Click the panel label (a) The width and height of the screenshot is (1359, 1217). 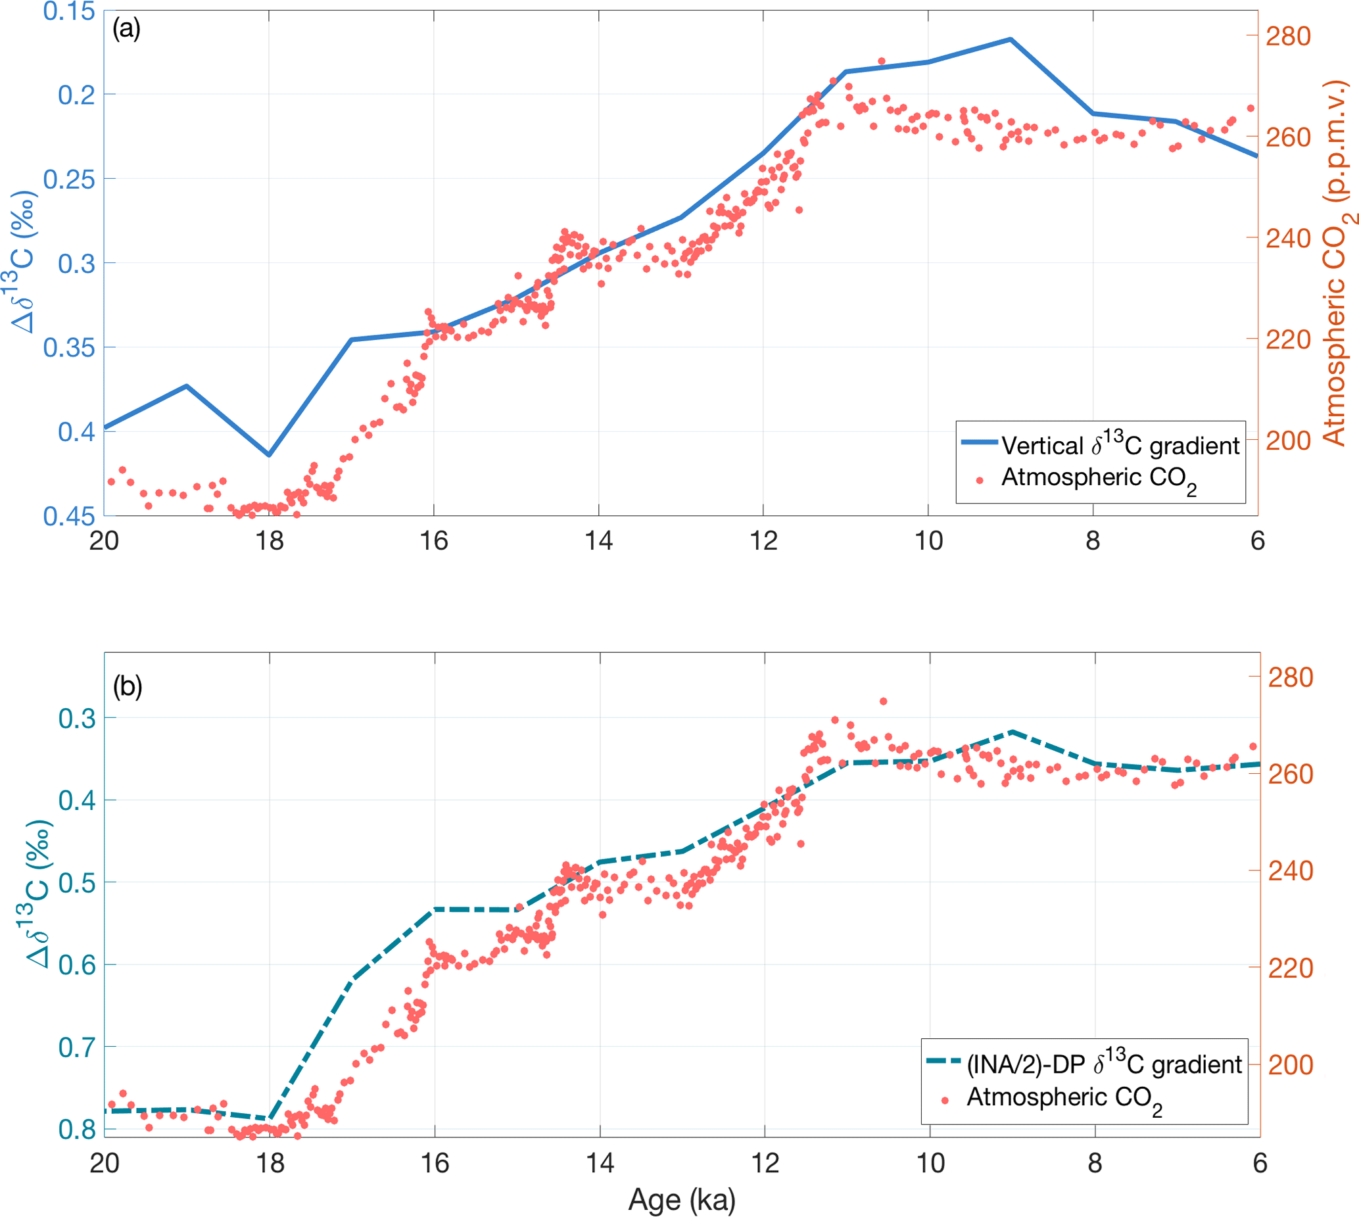coord(126,29)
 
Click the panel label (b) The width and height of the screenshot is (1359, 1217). coord(127,686)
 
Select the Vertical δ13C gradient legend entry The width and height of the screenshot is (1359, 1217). coord(1120,445)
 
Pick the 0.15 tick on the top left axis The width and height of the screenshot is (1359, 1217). coord(69,11)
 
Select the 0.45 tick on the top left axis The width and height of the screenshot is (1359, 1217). coord(69,516)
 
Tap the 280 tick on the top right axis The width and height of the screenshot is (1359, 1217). coord(1288,37)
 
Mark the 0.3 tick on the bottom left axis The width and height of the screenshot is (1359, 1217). coord(77,719)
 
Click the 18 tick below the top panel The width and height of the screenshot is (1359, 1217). coord(269,540)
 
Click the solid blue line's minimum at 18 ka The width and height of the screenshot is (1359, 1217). coord(269,455)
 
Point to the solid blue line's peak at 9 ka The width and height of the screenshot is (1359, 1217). coord(1011,39)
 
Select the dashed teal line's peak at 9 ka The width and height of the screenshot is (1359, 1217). coord(1013,732)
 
